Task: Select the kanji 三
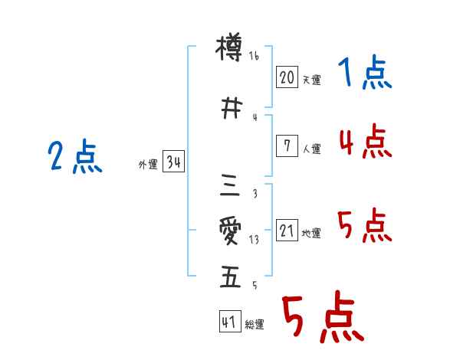[230, 185]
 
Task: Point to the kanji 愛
[230, 231]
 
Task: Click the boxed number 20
[287, 77]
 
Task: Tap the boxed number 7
[287, 146]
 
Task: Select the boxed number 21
[287, 231]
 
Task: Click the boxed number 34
[173, 162]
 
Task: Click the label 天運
[311, 80]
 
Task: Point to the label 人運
[311, 149]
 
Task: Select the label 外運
[148, 165]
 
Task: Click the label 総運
[255, 325]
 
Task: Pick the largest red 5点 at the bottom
[322, 319]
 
